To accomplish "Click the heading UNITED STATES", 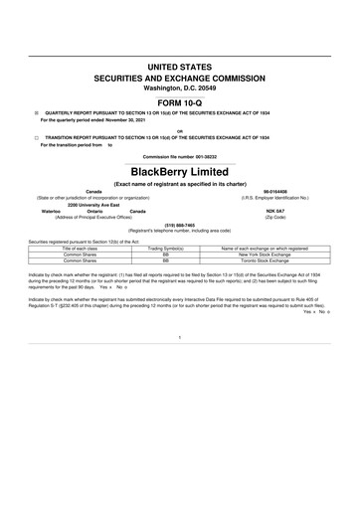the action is click(x=180, y=65).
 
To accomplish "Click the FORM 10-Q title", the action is click(x=180, y=102).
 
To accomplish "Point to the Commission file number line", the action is click(x=180, y=157).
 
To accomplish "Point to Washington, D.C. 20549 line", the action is click(x=180, y=87).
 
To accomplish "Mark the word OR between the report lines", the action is click(x=180, y=130).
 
